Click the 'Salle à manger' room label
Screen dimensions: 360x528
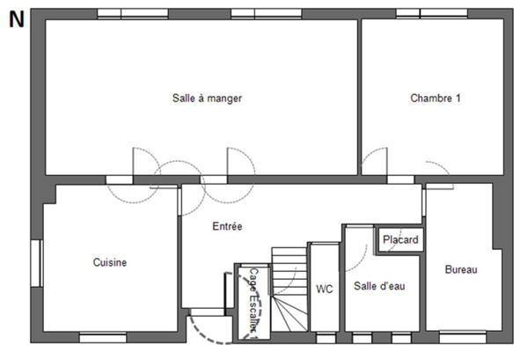click(207, 99)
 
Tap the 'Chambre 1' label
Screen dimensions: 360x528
click(436, 99)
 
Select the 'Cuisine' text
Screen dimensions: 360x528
click(110, 262)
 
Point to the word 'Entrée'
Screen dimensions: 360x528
click(227, 226)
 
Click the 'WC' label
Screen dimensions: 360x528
click(324, 288)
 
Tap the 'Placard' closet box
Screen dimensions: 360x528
click(400, 239)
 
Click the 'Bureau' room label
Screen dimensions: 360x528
click(460, 270)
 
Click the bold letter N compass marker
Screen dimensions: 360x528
click(16, 20)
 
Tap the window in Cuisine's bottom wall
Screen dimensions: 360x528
click(103, 337)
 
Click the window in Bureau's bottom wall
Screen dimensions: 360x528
click(462, 337)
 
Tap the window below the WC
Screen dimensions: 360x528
click(325, 337)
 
